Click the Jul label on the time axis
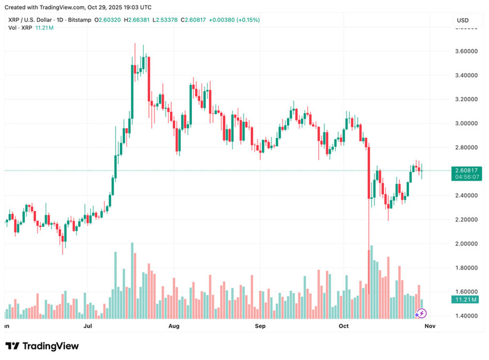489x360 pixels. (88, 326)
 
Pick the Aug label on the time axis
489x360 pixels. (174, 326)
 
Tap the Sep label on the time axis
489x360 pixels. (260, 326)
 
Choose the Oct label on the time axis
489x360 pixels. (343, 326)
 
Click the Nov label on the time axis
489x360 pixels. (430, 326)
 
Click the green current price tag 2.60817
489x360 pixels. (467, 170)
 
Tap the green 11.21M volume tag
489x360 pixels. (467, 300)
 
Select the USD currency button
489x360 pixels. (463, 21)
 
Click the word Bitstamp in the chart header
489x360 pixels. (79, 20)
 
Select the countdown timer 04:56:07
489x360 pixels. (467, 177)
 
